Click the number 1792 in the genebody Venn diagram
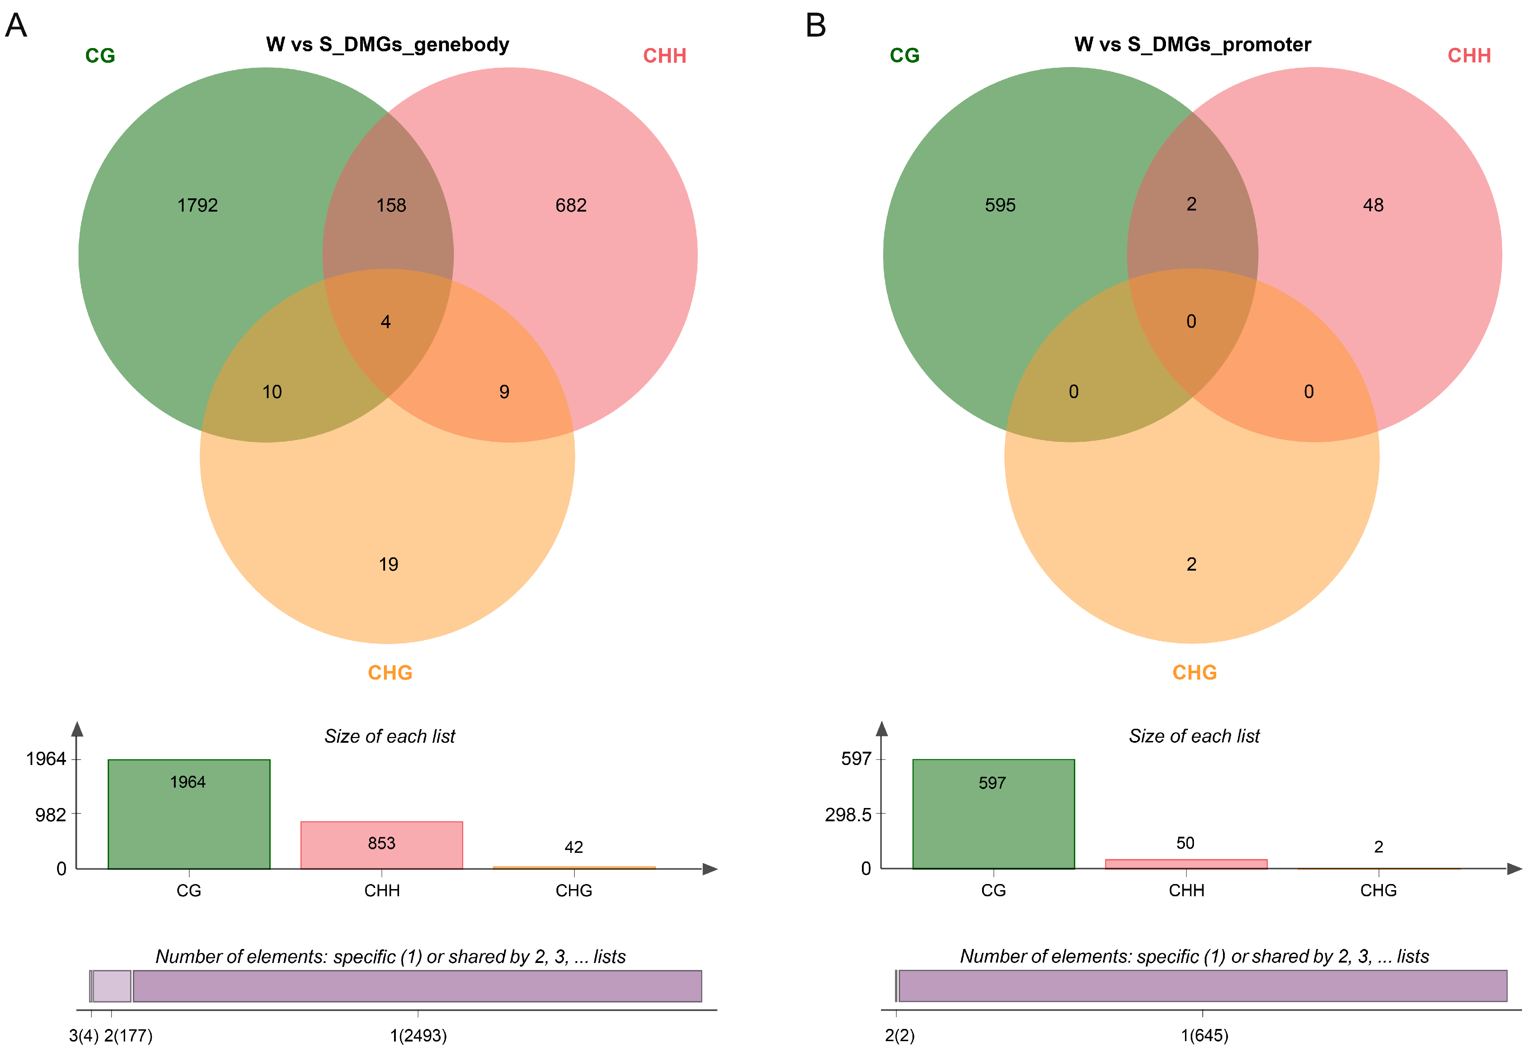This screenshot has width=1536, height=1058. [x=198, y=206]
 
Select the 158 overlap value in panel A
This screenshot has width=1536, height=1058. [x=391, y=206]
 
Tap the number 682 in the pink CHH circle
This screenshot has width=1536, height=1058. [x=570, y=206]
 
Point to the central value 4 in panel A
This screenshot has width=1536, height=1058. [x=386, y=322]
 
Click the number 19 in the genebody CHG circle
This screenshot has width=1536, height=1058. [x=388, y=565]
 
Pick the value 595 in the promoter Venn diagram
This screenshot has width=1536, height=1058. [x=1000, y=206]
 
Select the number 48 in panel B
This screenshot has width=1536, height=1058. [x=1373, y=206]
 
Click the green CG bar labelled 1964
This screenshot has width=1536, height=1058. [x=189, y=814]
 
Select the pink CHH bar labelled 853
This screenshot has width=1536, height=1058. [x=382, y=845]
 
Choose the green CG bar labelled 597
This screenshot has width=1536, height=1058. [x=993, y=814]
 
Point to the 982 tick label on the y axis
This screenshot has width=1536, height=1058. [x=50, y=815]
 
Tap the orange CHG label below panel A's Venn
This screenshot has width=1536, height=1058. [x=390, y=673]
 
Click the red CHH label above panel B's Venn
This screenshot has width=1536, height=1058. [x=1469, y=56]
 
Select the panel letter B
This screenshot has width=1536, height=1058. [x=816, y=26]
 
